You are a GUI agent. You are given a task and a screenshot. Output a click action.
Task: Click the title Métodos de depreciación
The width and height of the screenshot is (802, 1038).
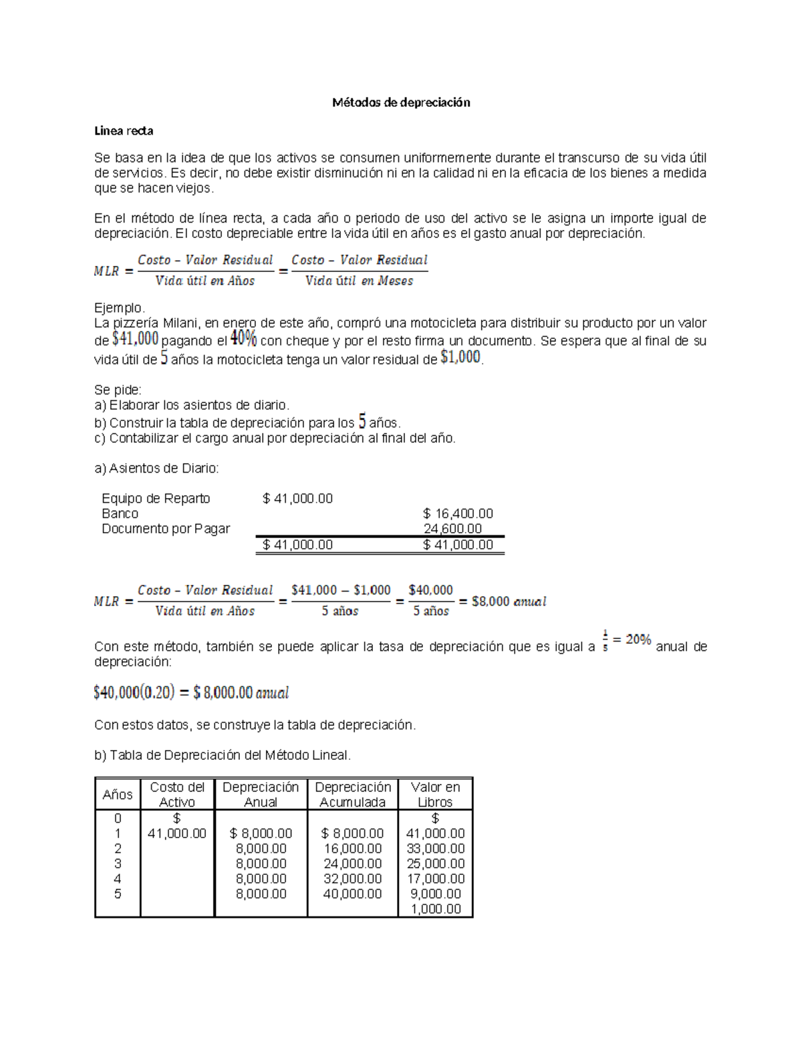[x=401, y=102]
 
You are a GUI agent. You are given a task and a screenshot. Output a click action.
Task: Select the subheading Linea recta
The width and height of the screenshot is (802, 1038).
[x=124, y=131]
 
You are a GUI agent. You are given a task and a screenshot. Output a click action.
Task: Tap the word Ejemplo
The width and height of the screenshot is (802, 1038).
[x=119, y=308]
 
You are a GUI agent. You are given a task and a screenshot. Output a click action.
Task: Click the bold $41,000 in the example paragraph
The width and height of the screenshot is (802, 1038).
[x=135, y=340]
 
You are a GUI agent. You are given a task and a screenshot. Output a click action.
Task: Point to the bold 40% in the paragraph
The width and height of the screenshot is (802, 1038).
[x=243, y=340]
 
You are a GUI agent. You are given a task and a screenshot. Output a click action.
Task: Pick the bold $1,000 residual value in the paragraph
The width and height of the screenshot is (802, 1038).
[x=460, y=358]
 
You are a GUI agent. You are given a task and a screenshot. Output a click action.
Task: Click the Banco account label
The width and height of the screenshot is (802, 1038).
[x=120, y=513]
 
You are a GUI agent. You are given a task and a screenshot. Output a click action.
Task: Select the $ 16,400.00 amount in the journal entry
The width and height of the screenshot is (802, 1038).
[x=458, y=513]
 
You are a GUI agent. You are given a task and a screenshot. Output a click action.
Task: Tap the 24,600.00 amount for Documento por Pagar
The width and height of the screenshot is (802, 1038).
[x=452, y=529]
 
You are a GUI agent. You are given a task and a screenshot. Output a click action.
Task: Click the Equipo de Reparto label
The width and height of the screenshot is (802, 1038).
[x=156, y=499]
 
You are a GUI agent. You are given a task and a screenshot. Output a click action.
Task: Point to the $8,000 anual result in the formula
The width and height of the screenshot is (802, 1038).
[x=509, y=602]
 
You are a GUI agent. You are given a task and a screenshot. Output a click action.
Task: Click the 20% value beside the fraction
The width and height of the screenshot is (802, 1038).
[x=638, y=640]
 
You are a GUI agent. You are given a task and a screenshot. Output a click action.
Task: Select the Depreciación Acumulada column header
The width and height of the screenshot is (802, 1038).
[x=353, y=795]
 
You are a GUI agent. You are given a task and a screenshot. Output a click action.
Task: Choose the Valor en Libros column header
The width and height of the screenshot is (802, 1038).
[x=435, y=795]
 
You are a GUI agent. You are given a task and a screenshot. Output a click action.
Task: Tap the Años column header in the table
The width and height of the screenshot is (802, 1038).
[x=118, y=795]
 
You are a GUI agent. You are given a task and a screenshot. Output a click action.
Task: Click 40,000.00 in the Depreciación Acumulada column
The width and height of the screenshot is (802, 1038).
[x=353, y=894]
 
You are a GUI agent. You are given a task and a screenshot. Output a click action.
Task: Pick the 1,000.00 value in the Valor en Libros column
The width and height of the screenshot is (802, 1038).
[x=436, y=909]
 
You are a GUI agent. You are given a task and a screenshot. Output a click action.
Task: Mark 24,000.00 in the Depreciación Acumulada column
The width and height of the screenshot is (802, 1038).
[x=353, y=864]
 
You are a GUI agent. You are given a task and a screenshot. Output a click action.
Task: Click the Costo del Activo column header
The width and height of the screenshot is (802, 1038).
[x=177, y=795]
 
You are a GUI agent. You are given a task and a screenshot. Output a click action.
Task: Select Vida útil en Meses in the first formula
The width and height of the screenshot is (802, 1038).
[x=359, y=281]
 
